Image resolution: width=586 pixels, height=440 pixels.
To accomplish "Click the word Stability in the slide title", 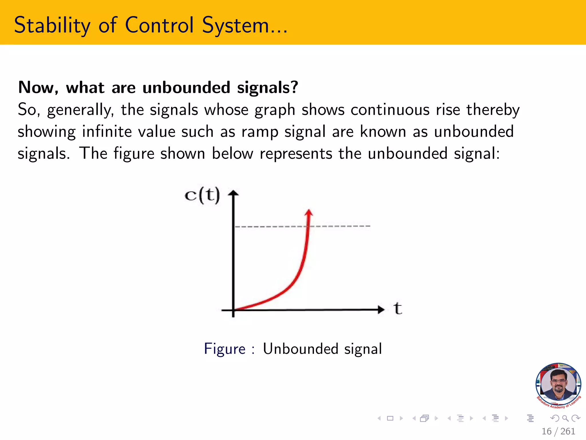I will (52, 25).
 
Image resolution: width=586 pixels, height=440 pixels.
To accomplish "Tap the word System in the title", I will (235, 25).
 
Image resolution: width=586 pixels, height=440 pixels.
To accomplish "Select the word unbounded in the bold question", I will (186, 87).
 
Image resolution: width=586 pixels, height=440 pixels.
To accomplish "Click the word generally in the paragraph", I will (80, 110).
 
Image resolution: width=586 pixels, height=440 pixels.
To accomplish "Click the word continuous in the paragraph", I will (390, 110).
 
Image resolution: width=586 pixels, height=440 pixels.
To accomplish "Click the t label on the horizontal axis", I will (398, 309).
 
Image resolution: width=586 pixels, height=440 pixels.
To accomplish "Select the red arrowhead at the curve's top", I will (309, 213).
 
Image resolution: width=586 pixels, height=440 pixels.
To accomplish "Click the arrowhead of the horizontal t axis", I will (381, 309).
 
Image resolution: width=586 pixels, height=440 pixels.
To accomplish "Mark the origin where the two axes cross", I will (233, 310).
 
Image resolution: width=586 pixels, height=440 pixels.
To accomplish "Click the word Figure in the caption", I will (225, 349).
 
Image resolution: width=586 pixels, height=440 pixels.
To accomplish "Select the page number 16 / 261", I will (558, 431).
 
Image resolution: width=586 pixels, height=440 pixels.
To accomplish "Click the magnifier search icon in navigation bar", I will (565, 419).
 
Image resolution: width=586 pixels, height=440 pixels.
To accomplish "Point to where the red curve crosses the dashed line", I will (308, 226).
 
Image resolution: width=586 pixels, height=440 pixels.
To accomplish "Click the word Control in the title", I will (159, 25).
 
